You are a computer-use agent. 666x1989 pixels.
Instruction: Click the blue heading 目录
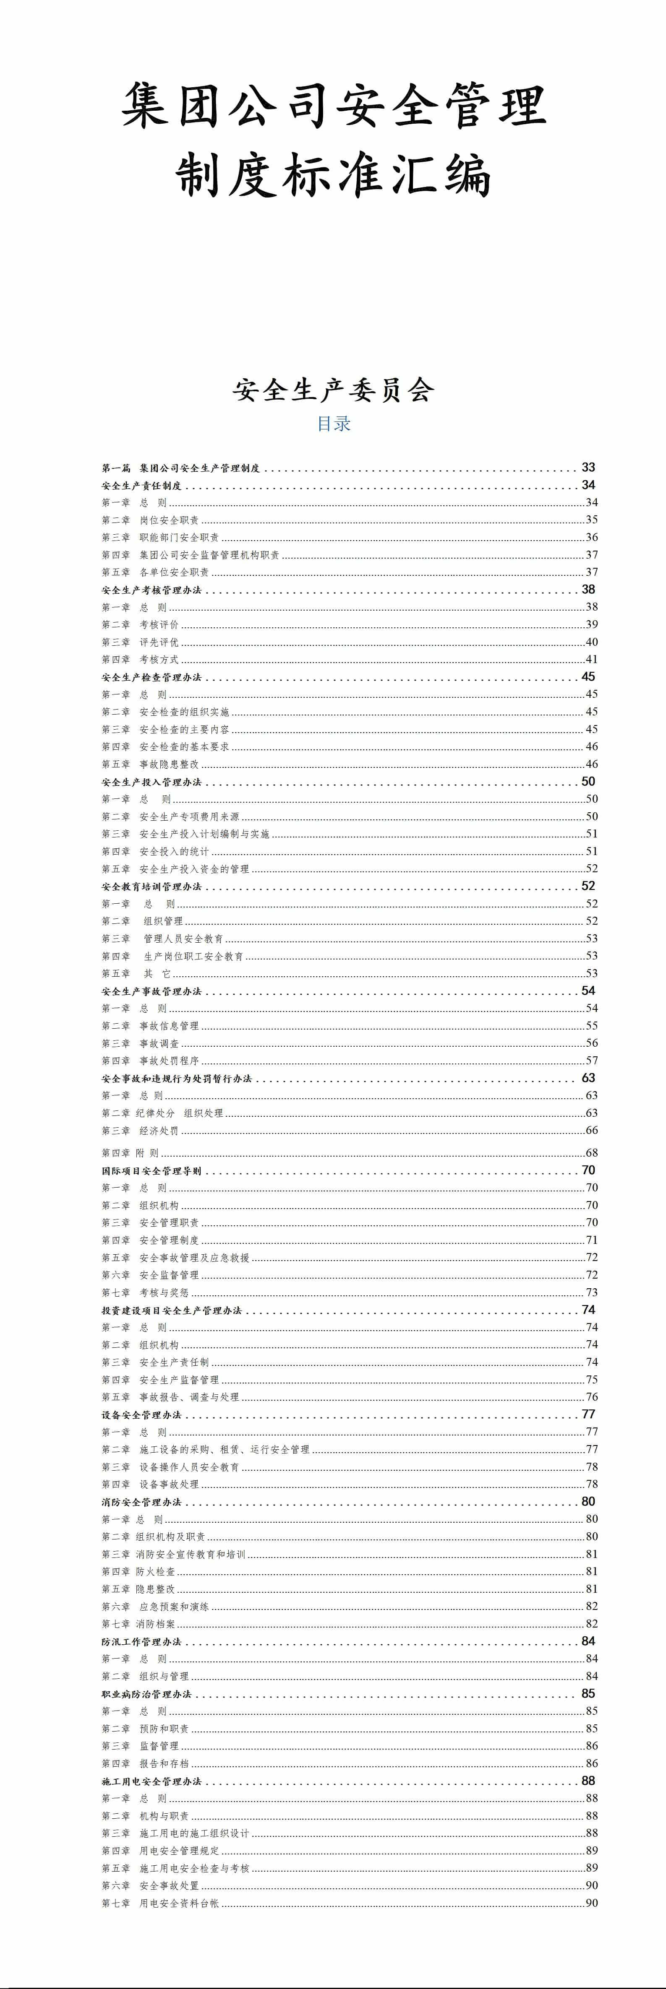(x=334, y=423)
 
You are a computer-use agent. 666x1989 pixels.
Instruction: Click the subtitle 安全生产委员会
(x=333, y=390)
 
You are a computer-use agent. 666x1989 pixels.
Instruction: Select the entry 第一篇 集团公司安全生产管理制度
(x=181, y=468)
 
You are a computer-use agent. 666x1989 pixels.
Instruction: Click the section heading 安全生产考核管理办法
(x=151, y=590)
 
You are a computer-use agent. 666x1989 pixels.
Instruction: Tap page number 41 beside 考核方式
(x=591, y=659)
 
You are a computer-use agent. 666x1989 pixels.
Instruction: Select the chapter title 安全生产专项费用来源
(x=189, y=817)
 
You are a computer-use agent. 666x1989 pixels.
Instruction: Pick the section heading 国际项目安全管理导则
(x=151, y=1170)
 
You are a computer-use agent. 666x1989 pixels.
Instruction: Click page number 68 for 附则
(x=591, y=1153)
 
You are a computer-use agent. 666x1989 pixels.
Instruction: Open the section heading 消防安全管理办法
(x=141, y=1502)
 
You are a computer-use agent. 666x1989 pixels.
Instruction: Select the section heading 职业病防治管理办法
(x=146, y=1694)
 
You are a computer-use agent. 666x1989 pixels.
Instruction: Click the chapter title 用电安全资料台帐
(x=179, y=1903)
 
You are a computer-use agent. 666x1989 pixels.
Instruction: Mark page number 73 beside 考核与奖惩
(x=591, y=1292)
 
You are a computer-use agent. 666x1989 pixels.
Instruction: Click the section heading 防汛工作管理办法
(x=141, y=1641)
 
